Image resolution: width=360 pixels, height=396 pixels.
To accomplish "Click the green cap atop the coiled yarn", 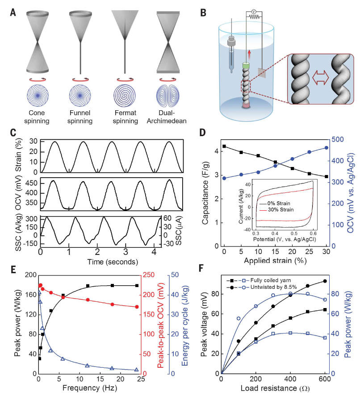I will coord(245,66).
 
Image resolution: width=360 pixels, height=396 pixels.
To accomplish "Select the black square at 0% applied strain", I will coord(224,146).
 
